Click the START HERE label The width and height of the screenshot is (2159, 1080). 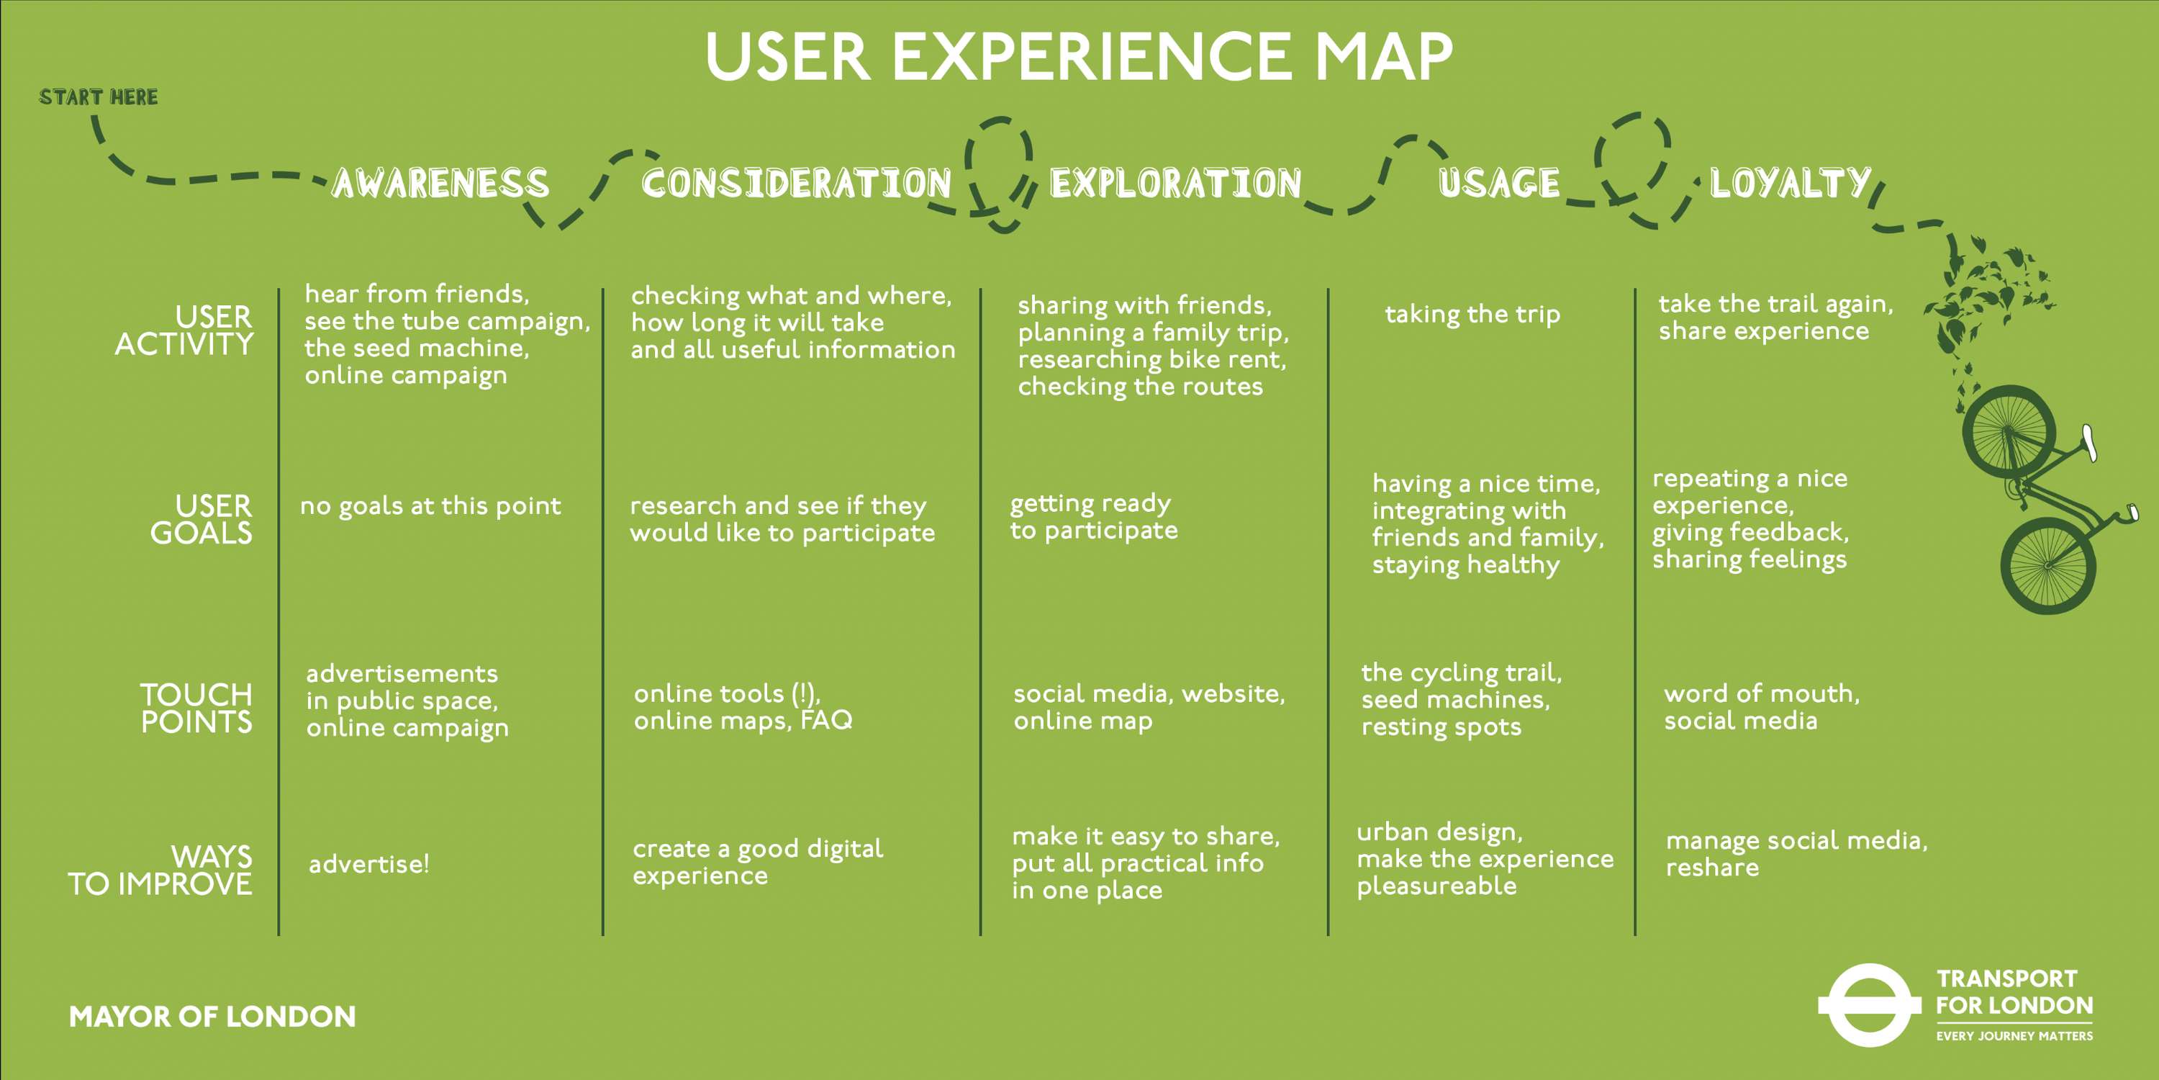(x=98, y=97)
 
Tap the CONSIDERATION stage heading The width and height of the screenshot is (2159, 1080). (x=796, y=184)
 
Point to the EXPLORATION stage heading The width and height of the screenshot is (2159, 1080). (x=1175, y=184)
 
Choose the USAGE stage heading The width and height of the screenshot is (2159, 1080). (x=1498, y=184)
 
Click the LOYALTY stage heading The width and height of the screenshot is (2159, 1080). (x=1789, y=184)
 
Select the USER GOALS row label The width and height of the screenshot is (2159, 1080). (x=202, y=519)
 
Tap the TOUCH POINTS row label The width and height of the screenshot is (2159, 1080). (x=196, y=708)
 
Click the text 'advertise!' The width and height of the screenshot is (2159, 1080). (x=368, y=864)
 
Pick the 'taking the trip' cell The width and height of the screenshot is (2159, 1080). (x=1472, y=315)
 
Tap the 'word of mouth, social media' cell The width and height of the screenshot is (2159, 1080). (x=1761, y=707)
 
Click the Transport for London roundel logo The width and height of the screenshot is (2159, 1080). (x=1868, y=1004)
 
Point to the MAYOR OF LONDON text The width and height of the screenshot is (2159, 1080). (x=212, y=1016)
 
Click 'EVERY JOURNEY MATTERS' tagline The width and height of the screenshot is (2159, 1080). (x=2014, y=1036)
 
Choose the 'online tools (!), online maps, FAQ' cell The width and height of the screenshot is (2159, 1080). (x=743, y=707)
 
